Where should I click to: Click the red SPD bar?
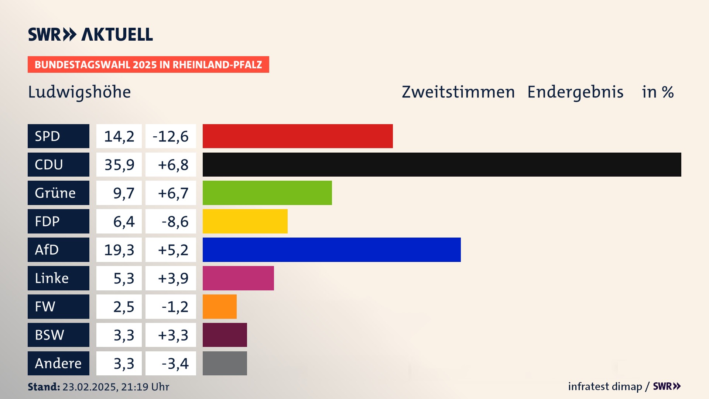[x=298, y=136]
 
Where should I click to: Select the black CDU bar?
[x=442, y=164]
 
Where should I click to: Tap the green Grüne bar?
[x=267, y=193]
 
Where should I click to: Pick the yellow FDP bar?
[x=245, y=221]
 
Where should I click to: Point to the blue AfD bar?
[x=332, y=250]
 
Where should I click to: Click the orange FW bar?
[x=219, y=307]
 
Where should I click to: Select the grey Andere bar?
[x=225, y=363]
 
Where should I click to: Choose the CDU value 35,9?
[x=119, y=165]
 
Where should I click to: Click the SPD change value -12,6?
[x=171, y=136]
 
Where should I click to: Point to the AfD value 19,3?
[x=119, y=250]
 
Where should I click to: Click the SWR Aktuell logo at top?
[x=90, y=34]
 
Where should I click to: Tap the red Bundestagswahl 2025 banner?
[x=148, y=65]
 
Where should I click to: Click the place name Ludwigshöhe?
[x=79, y=92]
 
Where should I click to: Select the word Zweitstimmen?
[x=458, y=92]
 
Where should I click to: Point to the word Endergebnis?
[x=575, y=92]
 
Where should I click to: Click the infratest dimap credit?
[x=605, y=386]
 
